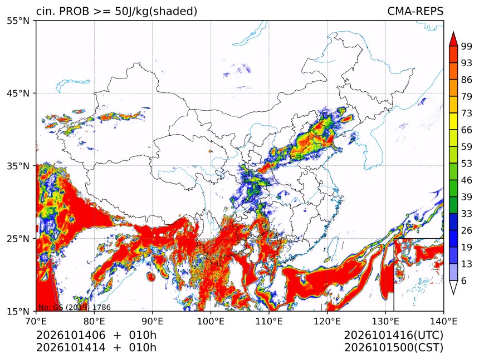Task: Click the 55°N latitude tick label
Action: [18, 21]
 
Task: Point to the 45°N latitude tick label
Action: [18, 93]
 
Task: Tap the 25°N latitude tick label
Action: [18, 239]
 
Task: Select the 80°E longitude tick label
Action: [94, 321]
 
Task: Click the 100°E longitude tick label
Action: [211, 321]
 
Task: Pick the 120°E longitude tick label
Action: [327, 321]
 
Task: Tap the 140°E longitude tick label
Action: [443, 321]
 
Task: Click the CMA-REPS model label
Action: [415, 11]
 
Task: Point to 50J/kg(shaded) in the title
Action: [156, 12]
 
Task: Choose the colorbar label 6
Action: [464, 280]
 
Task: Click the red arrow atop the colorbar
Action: [453, 39]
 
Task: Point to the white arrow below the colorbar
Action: [453, 287]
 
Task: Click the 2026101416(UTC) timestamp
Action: [393, 336]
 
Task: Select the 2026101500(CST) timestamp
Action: [393, 348]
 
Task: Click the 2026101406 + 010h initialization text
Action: [96, 335]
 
